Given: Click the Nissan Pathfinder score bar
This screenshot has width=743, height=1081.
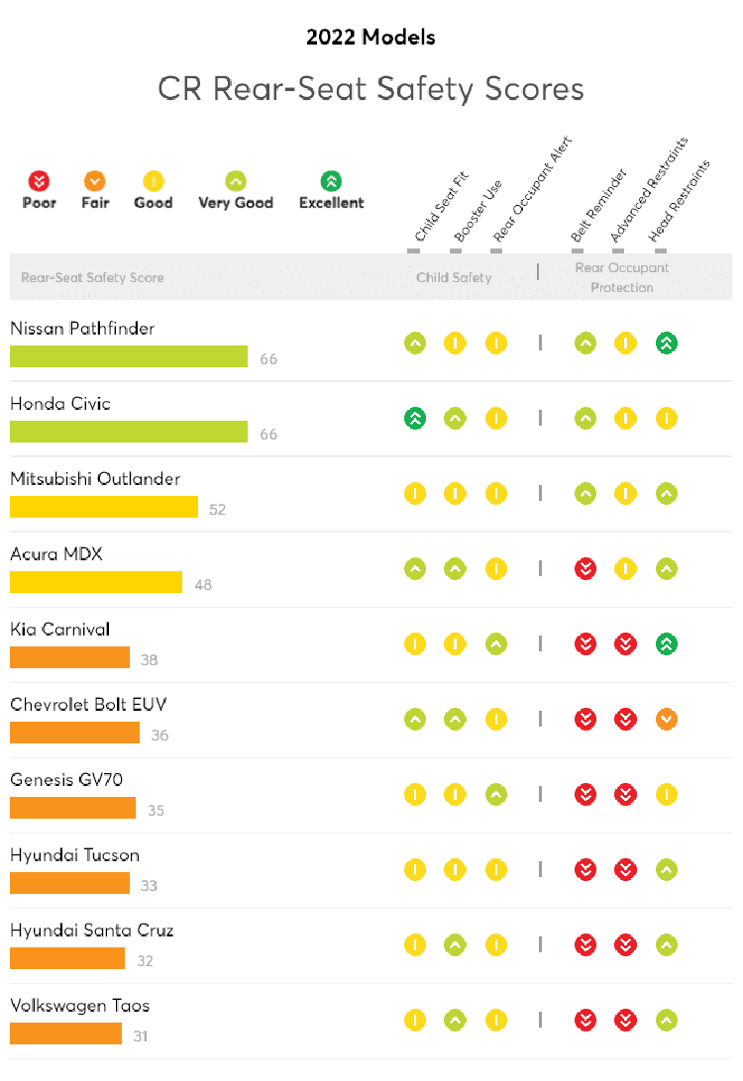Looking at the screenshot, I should coord(129,356).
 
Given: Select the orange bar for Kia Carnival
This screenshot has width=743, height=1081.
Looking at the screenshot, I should coord(69,657).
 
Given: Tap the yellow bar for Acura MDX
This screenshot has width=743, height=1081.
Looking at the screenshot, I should coord(96,582).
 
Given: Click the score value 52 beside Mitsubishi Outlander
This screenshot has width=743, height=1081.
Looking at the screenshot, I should coord(218,510).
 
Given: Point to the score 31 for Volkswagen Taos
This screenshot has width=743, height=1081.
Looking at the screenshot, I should coord(141,1036).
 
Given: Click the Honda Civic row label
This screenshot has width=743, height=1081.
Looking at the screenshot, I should coord(60,404).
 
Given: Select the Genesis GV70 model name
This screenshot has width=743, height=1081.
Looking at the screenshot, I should coord(66,780).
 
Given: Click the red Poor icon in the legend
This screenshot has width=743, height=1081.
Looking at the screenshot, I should coord(39,181).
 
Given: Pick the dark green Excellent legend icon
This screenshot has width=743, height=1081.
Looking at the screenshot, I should coord(332,181).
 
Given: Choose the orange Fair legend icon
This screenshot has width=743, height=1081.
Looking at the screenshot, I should coord(95,181).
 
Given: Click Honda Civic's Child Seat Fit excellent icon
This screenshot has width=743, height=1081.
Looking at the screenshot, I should coord(415,419).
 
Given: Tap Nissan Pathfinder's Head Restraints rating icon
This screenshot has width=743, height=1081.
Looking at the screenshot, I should coord(667,344).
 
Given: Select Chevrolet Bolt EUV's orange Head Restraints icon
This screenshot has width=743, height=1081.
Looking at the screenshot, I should coord(667,720).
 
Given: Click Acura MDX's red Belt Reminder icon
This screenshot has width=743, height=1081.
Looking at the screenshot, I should coord(585,569).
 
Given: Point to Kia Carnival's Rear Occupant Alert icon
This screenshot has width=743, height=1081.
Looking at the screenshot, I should coord(496,644).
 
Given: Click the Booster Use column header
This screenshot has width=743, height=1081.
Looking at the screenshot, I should coord(478,212).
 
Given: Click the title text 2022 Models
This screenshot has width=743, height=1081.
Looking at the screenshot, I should coord(371,38).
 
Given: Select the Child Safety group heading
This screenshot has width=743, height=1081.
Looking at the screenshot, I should coord(454,277).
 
